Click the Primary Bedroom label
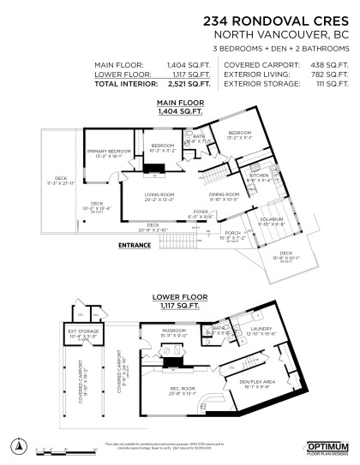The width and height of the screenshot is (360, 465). [x=107, y=152]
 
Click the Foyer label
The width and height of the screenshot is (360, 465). [x=200, y=215]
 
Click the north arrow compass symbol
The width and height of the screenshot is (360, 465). [x=19, y=445]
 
